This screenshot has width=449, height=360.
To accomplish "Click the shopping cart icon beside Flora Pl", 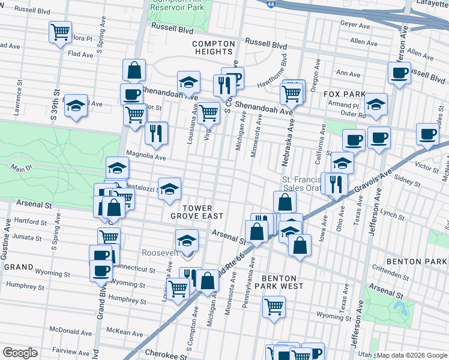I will [60, 32].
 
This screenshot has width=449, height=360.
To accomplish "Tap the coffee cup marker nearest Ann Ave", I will [399, 74].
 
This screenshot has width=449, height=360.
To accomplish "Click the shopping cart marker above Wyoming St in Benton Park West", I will [274, 306].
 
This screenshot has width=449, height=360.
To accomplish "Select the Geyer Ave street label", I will [355, 25].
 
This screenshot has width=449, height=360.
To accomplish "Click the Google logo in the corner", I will [20, 353].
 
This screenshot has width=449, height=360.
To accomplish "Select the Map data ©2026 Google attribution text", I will [412, 355].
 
